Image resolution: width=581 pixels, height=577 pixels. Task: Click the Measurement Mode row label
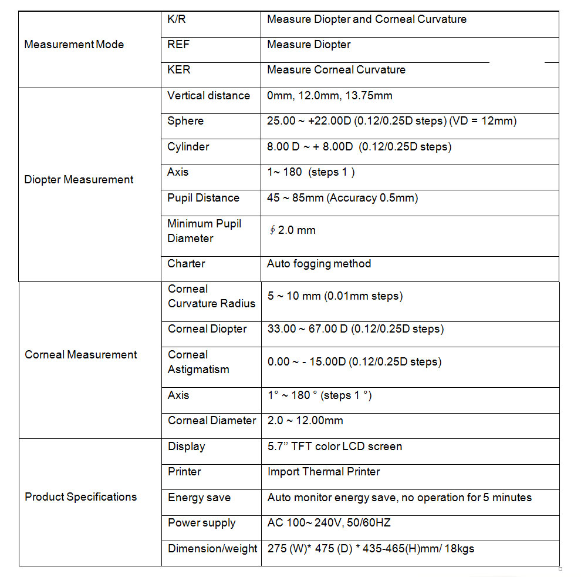pos(74,45)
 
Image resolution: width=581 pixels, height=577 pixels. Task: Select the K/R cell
pos(177,19)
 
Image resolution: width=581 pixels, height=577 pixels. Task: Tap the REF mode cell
pos(178,45)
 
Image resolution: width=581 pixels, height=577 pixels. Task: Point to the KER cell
pos(179,70)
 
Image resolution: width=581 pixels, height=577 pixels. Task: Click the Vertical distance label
pos(208,96)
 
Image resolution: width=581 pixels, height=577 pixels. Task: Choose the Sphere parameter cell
pos(185,121)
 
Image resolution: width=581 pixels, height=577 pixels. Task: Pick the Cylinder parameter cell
pos(188,147)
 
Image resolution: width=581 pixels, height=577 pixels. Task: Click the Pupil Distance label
pos(203,198)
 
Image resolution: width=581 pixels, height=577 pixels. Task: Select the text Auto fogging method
pos(319,264)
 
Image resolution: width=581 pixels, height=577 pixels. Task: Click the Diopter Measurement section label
pos(79,180)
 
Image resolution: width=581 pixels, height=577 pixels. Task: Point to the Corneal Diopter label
pos(207,329)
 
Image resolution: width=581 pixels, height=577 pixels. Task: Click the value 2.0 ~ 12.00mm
pos(305,421)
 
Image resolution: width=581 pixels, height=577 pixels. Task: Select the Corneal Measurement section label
pos(80,355)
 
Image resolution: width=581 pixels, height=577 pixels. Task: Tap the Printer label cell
pos(184,472)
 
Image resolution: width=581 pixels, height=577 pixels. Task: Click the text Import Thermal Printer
pos(323,472)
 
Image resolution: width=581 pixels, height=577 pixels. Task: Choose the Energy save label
pos(199,498)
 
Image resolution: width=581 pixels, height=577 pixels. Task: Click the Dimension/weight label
pos(212,549)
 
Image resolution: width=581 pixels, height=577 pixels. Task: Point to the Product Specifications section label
pos(80,497)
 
